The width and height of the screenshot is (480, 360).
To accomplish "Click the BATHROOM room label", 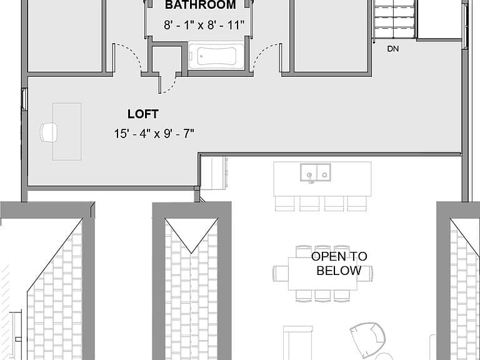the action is point(201,5).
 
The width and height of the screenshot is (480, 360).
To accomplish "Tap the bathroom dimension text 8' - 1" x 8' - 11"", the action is point(204,25).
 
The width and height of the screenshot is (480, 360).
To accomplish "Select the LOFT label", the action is point(143,114).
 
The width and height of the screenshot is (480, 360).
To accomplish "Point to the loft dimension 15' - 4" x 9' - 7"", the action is point(154,134).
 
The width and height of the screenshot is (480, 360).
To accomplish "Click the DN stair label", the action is point(393,49).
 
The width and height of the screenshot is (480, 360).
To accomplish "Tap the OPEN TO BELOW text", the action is point(339,264).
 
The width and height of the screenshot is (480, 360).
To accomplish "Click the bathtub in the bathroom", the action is point(216,56).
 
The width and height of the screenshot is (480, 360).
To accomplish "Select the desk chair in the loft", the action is point(49,132).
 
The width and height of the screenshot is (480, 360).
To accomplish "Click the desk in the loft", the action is point(67,132).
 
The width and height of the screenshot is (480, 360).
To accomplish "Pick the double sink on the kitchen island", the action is point(315,172).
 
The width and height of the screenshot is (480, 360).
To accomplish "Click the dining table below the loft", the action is point(322,274).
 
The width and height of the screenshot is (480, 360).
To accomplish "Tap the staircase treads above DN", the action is point(395,19).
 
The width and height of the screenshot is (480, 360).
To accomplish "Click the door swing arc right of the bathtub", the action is point(264,54).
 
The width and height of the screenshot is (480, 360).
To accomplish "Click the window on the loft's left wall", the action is point(24,99).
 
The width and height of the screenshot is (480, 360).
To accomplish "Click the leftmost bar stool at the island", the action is point(285,204).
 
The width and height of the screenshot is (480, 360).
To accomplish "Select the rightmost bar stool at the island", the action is point(357,204).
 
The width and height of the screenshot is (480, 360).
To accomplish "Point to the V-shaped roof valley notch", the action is point(191,253).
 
